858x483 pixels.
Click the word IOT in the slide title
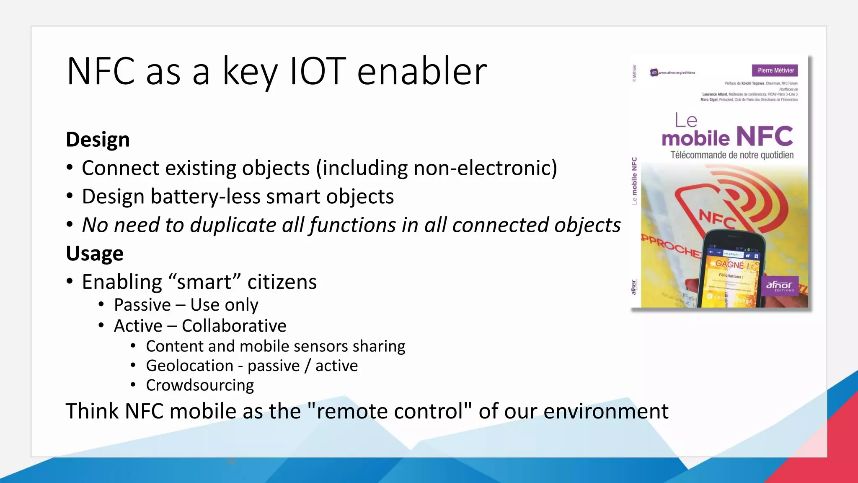[x=318, y=71]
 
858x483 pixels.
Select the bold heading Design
[x=98, y=139]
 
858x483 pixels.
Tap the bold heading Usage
[x=95, y=253]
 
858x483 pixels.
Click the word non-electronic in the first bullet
[x=485, y=168]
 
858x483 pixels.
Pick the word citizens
[x=282, y=282]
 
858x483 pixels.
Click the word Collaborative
[x=234, y=326]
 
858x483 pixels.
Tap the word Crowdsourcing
[x=200, y=385]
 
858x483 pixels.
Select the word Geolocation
[x=189, y=366]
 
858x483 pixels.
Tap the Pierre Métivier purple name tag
[x=775, y=70]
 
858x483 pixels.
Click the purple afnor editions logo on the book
[x=780, y=286]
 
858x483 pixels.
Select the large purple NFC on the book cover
[x=765, y=136]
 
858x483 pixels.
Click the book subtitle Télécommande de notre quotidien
[x=732, y=155]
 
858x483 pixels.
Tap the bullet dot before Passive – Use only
[x=101, y=305]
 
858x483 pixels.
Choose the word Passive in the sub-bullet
[x=142, y=305]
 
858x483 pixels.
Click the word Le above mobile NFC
[x=686, y=121]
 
